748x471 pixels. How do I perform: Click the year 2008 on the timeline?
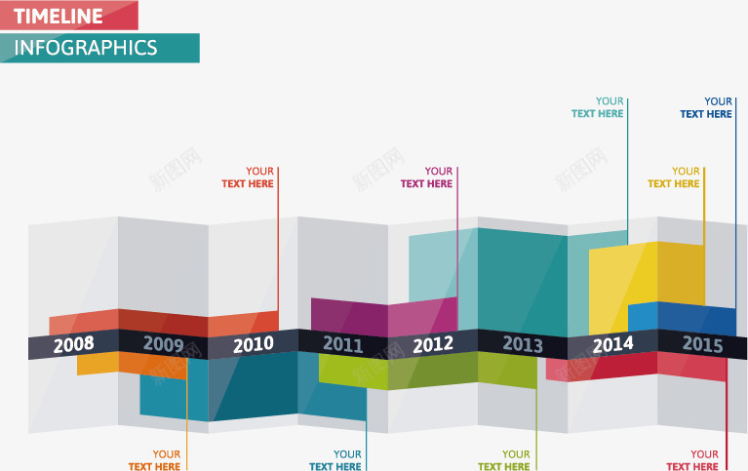(x=74, y=344)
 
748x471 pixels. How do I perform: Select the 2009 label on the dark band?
(x=163, y=343)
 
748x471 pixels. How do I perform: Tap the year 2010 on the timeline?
(x=254, y=343)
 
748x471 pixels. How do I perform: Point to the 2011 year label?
(x=342, y=343)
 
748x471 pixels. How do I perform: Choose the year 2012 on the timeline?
(x=433, y=343)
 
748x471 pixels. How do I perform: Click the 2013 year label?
(x=523, y=343)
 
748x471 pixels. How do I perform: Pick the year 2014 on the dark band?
(x=612, y=343)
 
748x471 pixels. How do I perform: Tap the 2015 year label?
(x=702, y=343)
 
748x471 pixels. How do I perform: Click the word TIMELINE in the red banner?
(x=59, y=16)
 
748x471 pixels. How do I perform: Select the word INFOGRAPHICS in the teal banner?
(x=86, y=48)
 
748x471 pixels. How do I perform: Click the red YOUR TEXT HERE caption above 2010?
(x=248, y=177)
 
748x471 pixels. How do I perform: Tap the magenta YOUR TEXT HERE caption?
(x=427, y=177)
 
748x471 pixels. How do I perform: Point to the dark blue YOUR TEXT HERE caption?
(x=706, y=107)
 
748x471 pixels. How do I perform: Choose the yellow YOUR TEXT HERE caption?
(x=674, y=177)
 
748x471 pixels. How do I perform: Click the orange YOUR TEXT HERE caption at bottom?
(x=154, y=460)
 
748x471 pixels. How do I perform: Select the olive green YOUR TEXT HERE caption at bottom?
(x=504, y=460)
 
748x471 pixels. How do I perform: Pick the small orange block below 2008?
(x=98, y=363)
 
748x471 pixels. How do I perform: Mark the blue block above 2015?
(x=683, y=318)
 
